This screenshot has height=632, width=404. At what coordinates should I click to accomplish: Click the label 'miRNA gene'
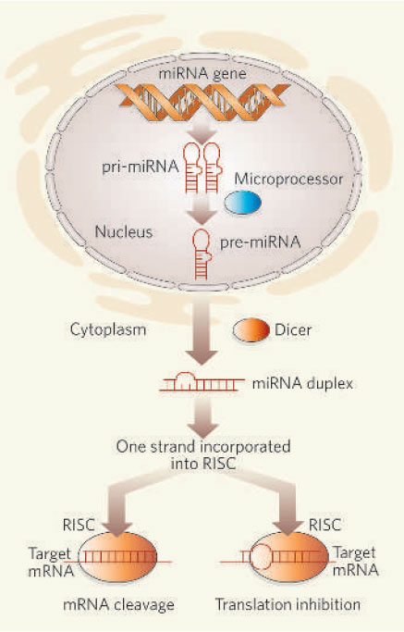point(202,73)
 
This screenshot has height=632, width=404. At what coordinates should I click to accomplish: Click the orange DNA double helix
point(202,103)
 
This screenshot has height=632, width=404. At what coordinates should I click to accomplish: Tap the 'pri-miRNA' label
point(141,166)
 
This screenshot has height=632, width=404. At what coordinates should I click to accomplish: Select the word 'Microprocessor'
point(288,179)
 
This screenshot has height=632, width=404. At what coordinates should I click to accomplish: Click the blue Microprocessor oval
point(242,203)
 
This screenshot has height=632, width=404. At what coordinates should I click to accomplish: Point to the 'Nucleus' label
point(124,231)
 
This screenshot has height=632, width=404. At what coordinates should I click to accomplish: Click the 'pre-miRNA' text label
point(260,242)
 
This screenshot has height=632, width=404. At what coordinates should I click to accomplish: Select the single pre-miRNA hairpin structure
point(202,254)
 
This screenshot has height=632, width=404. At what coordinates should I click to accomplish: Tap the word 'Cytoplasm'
point(108,329)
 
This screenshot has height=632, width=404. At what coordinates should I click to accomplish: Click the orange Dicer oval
point(251,330)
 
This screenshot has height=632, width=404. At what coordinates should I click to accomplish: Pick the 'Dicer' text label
point(293,330)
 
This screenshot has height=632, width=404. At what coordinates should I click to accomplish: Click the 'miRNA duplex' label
point(302,383)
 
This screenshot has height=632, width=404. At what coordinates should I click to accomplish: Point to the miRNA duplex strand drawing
point(202,382)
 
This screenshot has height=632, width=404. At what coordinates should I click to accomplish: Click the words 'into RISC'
point(203,463)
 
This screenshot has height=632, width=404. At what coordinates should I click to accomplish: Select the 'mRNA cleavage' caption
point(119,604)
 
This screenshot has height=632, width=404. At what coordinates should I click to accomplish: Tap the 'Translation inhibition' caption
point(288,604)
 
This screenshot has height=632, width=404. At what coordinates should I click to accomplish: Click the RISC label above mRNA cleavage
point(79,525)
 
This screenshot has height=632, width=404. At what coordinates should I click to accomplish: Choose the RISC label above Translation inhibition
point(324,525)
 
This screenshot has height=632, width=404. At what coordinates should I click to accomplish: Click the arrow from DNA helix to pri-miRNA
point(202,133)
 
